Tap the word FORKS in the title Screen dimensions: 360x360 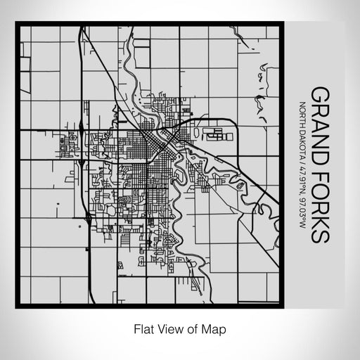click(x=321, y=204)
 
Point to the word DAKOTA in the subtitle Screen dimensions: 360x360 click(x=303, y=141)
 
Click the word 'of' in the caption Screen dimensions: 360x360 click(x=194, y=328)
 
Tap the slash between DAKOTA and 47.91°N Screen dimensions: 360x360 click(x=303, y=160)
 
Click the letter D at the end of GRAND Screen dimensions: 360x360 click(x=321, y=150)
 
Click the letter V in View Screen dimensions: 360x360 click(x=161, y=328)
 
